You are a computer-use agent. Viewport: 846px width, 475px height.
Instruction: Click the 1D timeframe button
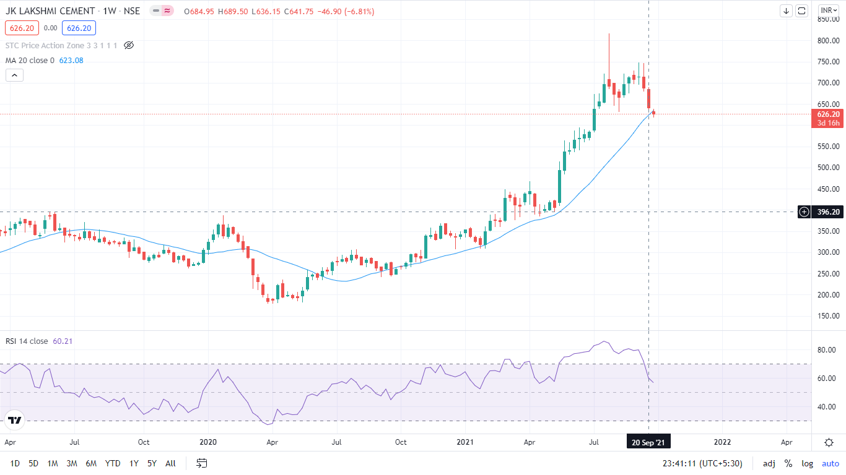coord(15,463)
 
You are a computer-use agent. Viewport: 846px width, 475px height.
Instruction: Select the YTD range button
coord(113,463)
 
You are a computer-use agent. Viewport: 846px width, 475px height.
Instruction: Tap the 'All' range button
coord(170,463)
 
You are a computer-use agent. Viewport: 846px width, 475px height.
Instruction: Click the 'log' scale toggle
coord(807,463)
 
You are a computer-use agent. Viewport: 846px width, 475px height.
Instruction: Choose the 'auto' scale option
coord(830,463)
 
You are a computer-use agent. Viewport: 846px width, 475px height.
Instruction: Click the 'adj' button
coord(769,463)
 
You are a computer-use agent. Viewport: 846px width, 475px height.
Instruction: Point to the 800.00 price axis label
coord(828,41)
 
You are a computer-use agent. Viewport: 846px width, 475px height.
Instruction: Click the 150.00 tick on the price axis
coord(828,316)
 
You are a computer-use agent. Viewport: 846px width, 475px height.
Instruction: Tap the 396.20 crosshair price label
coord(828,212)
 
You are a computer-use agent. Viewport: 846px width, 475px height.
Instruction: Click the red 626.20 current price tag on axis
coord(828,114)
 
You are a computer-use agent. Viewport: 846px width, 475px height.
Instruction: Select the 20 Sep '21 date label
coord(648,442)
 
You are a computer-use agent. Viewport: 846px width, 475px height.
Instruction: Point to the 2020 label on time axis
coord(208,442)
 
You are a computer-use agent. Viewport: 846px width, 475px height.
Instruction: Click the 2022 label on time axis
coord(722,442)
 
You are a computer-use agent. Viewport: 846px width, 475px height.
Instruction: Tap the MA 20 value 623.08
coord(71,60)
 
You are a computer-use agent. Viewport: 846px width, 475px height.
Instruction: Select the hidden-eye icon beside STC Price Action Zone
coord(129,45)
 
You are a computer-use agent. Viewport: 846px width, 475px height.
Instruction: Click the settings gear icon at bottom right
coord(829,442)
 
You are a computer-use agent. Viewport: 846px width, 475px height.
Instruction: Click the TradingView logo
coord(15,421)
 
